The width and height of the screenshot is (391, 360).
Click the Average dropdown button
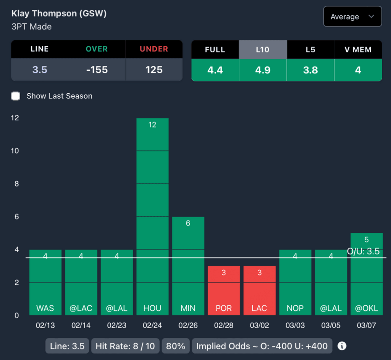pyautogui.click(x=352, y=17)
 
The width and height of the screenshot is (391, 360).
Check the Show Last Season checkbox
pyautogui.click(x=16, y=96)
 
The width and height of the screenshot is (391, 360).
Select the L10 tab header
pyautogui.click(x=263, y=50)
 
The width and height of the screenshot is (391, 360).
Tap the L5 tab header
pyautogui.click(x=310, y=50)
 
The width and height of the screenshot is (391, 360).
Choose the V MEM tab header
pyautogui.click(x=358, y=50)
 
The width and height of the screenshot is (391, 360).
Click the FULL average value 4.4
pyautogui.click(x=215, y=70)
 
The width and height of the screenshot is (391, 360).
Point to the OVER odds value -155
pyautogui.click(x=97, y=70)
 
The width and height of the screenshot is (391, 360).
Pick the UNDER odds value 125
pyautogui.click(x=154, y=70)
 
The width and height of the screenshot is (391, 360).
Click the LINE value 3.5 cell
pyautogui.click(x=40, y=70)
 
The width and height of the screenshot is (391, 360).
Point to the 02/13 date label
pyautogui.click(x=45, y=326)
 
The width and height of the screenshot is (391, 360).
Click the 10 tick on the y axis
pyautogui.click(x=15, y=151)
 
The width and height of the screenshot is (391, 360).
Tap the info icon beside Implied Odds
pyautogui.click(x=342, y=346)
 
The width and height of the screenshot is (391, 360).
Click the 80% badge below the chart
pyautogui.click(x=176, y=346)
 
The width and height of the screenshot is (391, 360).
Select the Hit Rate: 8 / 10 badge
pyautogui.click(x=125, y=346)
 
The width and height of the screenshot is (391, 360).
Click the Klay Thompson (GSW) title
pyautogui.click(x=59, y=14)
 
